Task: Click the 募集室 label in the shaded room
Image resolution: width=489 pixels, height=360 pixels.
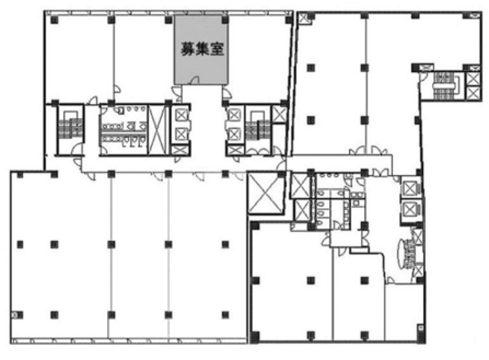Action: [202, 49]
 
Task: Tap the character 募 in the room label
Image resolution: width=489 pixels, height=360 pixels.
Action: [188, 49]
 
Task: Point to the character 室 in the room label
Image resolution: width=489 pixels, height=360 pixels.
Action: [217, 49]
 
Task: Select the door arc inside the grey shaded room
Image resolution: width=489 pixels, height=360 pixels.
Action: [195, 80]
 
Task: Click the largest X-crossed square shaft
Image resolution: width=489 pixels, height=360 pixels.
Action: [266, 193]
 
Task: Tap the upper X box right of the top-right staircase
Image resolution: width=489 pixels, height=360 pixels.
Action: [473, 79]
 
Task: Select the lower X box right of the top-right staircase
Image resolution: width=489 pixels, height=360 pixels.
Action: [473, 93]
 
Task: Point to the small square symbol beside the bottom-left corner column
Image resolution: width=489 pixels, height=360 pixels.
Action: [14, 315]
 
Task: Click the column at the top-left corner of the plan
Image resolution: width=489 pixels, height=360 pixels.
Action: [54, 20]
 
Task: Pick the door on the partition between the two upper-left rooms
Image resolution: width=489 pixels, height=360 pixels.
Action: [117, 88]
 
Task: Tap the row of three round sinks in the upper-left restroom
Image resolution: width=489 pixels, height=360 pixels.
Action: [137, 108]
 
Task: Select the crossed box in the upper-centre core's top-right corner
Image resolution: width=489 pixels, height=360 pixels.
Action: [279, 115]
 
